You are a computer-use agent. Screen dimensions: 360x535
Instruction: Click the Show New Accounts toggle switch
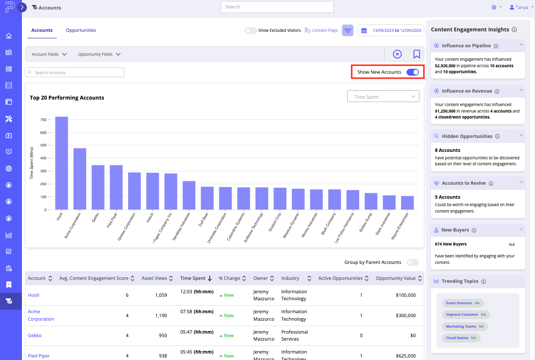pyautogui.click(x=412, y=72)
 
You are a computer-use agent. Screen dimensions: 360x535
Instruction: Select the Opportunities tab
pyautogui.click(x=81, y=30)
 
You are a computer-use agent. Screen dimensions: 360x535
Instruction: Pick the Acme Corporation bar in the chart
pyautogui.click(x=80, y=179)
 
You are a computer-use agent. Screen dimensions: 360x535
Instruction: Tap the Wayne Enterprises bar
pyautogui.click(x=407, y=203)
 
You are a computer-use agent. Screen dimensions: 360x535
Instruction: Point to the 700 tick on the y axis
pyautogui.click(x=43, y=120)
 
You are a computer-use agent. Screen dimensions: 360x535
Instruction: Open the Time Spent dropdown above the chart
pyautogui.click(x=383, y=97)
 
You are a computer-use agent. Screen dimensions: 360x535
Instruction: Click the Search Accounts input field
pyautogui.click(x=75, y=73)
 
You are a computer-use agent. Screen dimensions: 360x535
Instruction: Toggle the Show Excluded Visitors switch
pyautogui.click(x=251, y=30)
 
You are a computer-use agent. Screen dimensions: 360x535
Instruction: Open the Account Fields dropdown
pyautogui.click(x=49, y=54)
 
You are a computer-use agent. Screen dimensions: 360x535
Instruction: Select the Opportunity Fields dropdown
pyautogui.click(x=99, y=54)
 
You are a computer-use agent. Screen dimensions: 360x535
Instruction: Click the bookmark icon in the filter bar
pyautogui.click(x=416, y=54)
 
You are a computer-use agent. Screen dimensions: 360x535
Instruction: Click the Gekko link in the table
pyautogui.click(x=34, y=336)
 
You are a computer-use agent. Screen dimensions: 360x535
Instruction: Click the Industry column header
pyautogui.click(x=290, y=278)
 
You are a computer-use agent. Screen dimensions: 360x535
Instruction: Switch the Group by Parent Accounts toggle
pyautogui.click(x=412, y=262)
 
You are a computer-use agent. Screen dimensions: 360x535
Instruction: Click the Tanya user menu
pyautogui.click(x=519, y=7)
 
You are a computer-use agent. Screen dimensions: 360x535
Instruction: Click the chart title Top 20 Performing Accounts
pyautogui.click(x=67, y=98)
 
